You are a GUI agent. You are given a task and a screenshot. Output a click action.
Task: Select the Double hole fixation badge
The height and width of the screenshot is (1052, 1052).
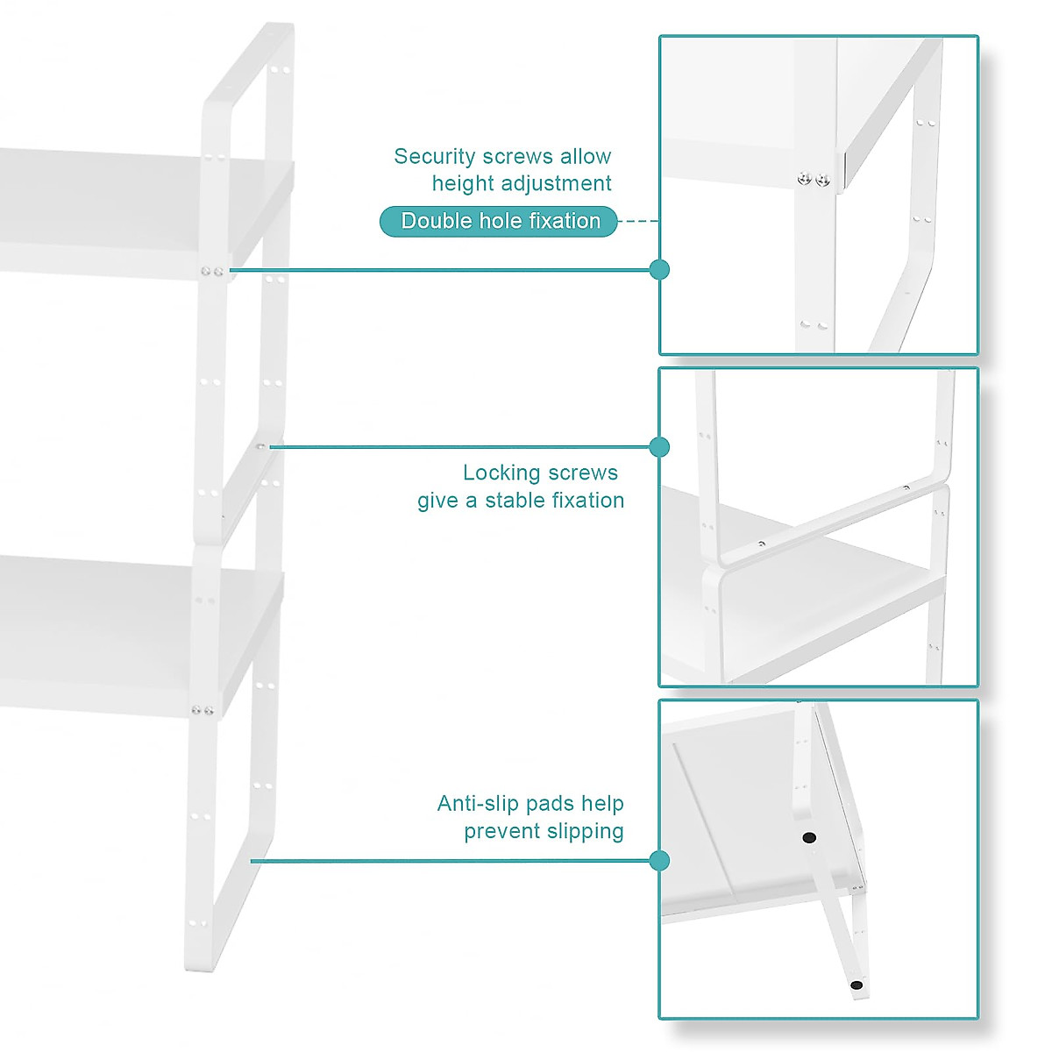[x=499, y=222]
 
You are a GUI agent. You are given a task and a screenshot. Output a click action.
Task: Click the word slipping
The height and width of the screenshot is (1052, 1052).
[x=583, y=831]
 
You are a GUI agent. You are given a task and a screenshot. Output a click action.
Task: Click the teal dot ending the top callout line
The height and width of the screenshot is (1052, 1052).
[x=660, y=270]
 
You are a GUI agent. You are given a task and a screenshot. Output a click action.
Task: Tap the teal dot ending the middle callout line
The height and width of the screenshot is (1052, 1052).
[x=660, y=447]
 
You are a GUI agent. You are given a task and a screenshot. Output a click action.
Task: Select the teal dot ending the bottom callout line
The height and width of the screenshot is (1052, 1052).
[x=660, y=861]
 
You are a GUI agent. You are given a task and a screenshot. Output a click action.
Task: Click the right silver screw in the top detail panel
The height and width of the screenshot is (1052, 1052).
[x=822, y=180]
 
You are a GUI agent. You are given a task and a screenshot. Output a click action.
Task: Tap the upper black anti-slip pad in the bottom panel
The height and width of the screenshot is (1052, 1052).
[x=808, y=837]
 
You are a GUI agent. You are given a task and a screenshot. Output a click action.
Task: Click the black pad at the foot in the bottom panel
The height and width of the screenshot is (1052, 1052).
[x=857, y=985]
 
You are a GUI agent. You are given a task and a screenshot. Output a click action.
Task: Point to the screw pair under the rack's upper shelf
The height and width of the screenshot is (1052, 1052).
[x=211, y=272]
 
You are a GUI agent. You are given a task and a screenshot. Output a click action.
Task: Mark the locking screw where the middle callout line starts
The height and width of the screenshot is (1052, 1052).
[x=260, y=447]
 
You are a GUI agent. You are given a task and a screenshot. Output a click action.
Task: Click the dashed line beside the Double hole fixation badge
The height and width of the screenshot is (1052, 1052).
[x=638, y=222]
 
